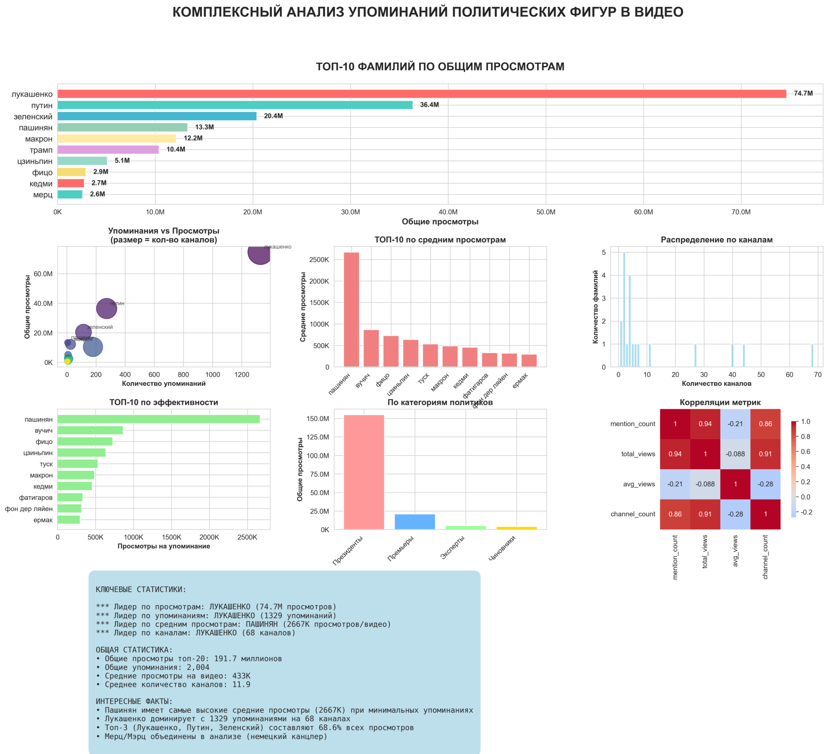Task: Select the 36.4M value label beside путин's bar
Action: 429,105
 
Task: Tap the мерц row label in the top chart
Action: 43,194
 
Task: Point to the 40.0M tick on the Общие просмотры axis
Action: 448,212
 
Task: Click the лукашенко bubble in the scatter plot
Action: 260,253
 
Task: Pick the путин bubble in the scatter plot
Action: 106,308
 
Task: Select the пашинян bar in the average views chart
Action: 351,310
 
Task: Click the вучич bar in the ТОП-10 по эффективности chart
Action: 90,430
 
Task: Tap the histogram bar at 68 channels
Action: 812,356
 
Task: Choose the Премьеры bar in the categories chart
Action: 414,522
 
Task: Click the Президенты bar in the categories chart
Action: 364,472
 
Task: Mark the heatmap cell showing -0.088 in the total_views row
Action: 735,454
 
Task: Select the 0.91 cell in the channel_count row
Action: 705,514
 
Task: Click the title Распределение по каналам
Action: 717,240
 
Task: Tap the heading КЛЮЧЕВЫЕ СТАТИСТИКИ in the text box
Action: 141,590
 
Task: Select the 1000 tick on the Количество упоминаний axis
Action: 212,374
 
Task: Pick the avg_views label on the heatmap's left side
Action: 639,484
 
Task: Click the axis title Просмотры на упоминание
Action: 163,546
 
